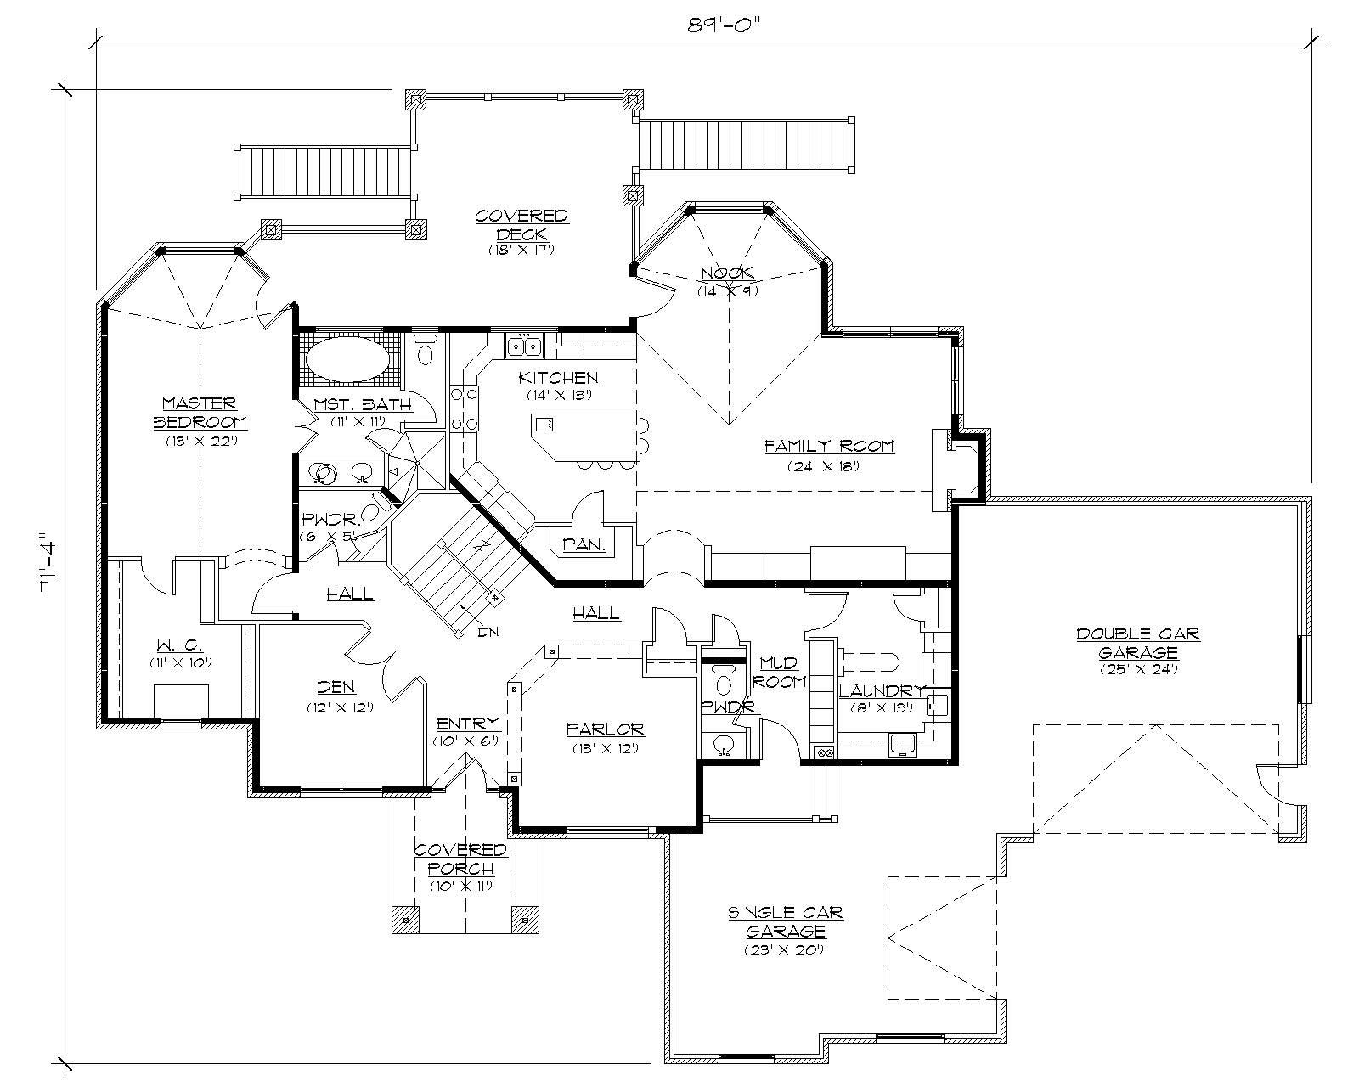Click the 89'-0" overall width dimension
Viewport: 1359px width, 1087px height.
pos(721,24)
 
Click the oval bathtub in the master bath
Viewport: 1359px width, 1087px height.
pos(346,360)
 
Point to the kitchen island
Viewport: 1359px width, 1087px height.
pos(586,436)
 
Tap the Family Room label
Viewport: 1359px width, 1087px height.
pos(829,446)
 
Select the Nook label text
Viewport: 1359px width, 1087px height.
pos(727,273)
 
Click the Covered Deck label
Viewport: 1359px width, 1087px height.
pos(521,225)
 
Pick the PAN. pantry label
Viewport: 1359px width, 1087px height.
pos(584,545)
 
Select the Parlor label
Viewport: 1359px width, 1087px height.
pos(605,729)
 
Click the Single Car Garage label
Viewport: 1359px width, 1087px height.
pos(784,921)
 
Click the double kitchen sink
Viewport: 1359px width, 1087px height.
pos(524,346)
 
